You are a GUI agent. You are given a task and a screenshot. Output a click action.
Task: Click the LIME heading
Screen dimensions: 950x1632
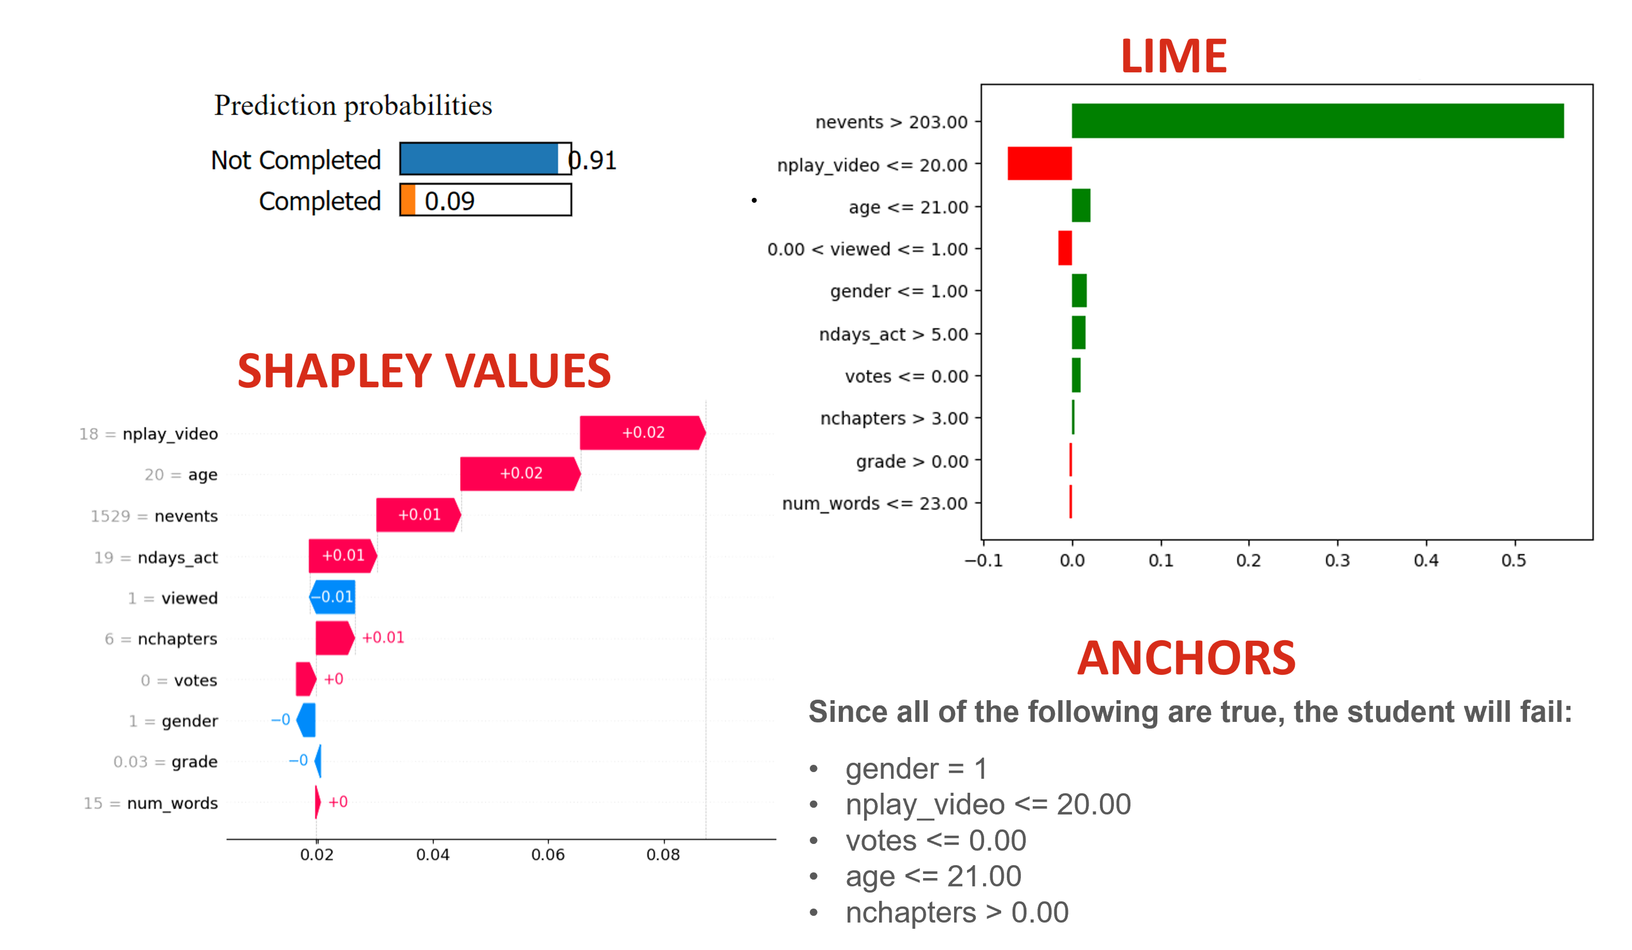(1173, 56)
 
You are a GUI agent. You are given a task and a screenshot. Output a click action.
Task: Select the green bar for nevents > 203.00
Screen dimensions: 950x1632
(1317, 121)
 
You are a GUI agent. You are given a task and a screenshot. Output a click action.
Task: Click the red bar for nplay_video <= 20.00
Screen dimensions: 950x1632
(1039, 163)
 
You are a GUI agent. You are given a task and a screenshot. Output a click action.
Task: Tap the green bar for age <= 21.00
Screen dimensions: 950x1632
(1080, 205)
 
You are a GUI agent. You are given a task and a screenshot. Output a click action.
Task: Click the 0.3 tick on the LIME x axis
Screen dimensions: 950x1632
(1337, 560)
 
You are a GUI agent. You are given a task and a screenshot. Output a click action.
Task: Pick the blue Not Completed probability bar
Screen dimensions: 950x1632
(479, 159)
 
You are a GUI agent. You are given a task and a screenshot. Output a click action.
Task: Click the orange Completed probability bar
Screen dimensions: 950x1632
(407, 200)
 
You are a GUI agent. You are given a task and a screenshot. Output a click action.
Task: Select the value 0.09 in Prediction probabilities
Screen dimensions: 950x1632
(449, 201)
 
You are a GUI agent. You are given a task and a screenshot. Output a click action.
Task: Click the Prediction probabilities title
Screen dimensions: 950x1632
(353, 105)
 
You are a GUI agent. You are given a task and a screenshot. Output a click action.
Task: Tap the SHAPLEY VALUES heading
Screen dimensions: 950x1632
(424, 372)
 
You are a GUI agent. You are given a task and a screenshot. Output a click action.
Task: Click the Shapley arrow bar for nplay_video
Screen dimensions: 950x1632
(641, 432)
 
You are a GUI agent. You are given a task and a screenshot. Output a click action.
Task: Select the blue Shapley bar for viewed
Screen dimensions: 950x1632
(333, 596)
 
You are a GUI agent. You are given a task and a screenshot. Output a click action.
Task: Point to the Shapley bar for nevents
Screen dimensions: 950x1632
(418, 515)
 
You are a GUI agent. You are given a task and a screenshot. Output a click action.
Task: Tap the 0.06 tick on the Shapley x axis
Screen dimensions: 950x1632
(548, 854)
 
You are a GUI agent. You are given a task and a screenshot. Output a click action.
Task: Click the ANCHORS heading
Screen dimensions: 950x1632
(1186, 659)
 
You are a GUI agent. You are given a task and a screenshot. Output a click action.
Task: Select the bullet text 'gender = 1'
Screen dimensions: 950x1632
(916, 770)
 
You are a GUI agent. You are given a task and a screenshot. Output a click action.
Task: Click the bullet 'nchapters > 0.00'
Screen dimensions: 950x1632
(957, 912)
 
